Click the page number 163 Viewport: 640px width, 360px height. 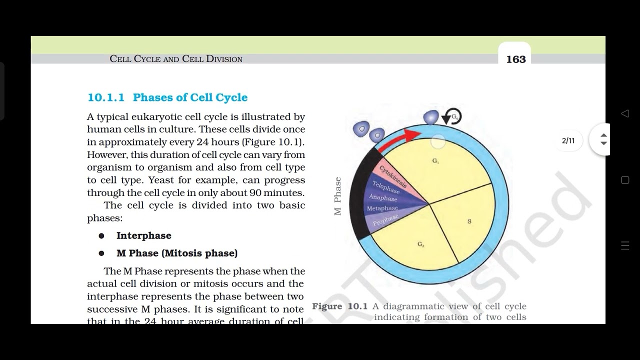(x=516, y=59)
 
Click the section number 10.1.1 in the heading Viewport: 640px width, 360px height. (x=106, y=97)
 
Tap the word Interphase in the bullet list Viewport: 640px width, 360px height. (x=144, y=235)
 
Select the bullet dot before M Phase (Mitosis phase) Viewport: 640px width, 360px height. (x=101, y=253)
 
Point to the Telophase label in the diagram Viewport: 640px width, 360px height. (x=386, y=187)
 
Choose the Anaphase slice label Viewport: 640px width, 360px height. (x=383, y=198)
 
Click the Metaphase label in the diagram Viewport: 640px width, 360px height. (x=382, y=208)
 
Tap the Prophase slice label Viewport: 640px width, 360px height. (x=385, y=219)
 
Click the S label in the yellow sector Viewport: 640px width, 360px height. (x=469, y=221)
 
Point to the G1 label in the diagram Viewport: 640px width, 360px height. (x=435, y=161)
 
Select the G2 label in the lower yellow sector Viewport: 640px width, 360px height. (x=421, y=244)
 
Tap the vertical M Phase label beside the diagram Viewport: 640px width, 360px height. (x=338, y=196)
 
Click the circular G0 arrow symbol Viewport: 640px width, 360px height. (x=453, y=117)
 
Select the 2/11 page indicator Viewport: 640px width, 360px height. (x=568, y=140)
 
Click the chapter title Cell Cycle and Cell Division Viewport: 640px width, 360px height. (x=176, y=59)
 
